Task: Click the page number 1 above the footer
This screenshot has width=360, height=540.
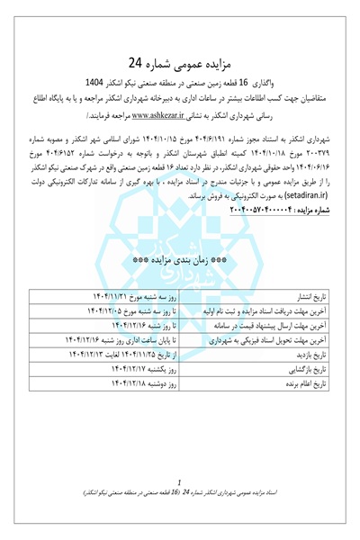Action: pos(181,482)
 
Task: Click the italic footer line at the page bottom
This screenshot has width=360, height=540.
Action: pos(180,494)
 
